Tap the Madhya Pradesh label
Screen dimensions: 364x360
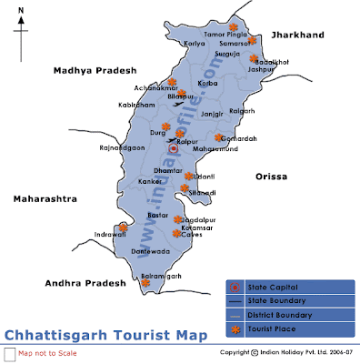click(94, 70)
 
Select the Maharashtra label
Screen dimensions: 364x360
click(43, 197)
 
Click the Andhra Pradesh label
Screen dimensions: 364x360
click(88, 283)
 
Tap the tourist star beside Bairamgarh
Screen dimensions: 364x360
click(145, 283)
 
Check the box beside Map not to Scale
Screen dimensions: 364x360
click(9, 352)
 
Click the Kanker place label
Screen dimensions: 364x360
click(150, 181)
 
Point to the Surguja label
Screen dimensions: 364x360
click(226, 54)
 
